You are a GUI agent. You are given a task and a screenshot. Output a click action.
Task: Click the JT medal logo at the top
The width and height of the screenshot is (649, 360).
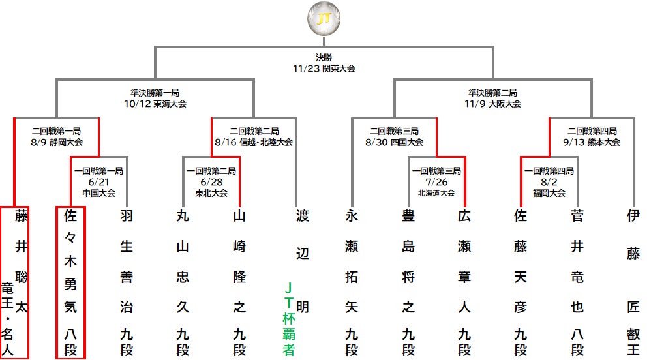coord(324,19)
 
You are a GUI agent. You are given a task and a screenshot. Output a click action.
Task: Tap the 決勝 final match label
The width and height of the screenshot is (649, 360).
coord(324,57)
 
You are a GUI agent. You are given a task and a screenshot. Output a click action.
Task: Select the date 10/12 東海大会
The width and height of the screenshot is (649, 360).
coord(155,104)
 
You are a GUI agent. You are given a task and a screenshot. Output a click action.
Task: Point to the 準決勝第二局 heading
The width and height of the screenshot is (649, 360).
coord(492,93)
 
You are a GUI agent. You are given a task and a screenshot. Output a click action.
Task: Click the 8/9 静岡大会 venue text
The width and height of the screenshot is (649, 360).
coord(57,142)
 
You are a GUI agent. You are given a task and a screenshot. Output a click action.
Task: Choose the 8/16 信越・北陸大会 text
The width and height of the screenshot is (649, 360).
coord(254,142)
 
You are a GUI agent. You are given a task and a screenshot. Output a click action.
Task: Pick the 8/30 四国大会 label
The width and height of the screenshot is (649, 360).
coord(394,142)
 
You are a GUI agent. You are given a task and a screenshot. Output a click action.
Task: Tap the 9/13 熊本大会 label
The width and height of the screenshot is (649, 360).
coord(592,142)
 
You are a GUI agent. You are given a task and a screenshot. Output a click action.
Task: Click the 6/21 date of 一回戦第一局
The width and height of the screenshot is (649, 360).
coord(98,182)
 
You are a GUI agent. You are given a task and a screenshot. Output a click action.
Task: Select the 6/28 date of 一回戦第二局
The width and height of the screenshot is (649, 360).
coord(211,182)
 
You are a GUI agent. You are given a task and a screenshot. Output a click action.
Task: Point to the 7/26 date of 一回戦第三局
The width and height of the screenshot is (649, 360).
coord(436,182)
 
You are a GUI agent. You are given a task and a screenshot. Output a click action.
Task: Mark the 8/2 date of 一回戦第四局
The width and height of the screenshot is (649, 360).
coord(549,182)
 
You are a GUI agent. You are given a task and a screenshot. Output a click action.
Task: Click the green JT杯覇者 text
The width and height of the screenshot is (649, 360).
coord(289,319)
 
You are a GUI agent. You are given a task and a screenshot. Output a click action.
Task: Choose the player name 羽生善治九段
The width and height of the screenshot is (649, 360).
coord(127,283)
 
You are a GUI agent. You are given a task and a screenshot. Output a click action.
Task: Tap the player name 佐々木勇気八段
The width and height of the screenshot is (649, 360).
coord(70,283)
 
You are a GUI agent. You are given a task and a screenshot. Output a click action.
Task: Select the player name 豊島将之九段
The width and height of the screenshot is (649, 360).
coord(408,283)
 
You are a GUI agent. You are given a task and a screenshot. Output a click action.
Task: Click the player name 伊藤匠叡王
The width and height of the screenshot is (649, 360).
coord(633,283)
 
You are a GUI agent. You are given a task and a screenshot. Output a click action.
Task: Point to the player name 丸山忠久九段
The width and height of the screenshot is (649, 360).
coord(183,283)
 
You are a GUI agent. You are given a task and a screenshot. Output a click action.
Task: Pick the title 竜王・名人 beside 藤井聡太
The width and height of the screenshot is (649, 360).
coord(7,319)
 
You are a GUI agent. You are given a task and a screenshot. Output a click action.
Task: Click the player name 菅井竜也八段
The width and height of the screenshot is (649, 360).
coord(577,283)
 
